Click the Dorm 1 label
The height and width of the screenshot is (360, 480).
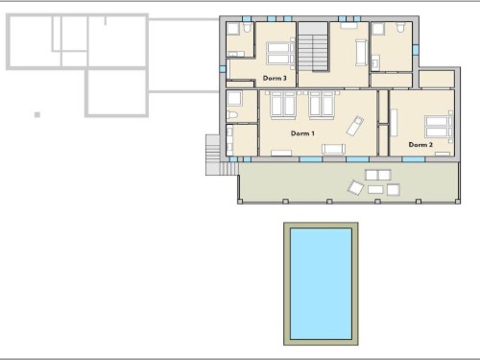tap(302, 133)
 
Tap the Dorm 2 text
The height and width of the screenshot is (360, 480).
tap(420, 145)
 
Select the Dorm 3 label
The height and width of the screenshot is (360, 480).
tap(275, 78)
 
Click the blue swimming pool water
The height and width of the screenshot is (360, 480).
tap(321, 283)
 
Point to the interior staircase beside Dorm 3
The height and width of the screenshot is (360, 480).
tap(313, 46)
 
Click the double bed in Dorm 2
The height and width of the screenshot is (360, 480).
tap(439, 127)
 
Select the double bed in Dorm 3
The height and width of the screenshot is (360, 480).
tap(280, 53)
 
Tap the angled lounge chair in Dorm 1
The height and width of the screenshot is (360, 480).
tap(355, 126)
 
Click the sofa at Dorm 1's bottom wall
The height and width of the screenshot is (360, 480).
tap(333, 149)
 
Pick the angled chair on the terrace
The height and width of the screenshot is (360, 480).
tap(356, 187)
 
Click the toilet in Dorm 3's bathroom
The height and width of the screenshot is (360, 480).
tap(247, 28)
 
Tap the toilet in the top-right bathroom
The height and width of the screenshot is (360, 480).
tap(400, 28)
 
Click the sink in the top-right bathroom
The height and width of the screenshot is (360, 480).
tap(375, 62)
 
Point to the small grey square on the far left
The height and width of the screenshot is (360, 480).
tap(37, 114)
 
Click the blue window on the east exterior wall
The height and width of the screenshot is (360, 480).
tap(416, 50)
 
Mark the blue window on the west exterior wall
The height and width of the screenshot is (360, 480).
tap(223, 69)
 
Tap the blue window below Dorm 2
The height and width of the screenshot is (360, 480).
tap(413, 159)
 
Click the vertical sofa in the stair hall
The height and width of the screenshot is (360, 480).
tap(361, 53)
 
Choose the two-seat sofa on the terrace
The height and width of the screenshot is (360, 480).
tap(378, 175)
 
